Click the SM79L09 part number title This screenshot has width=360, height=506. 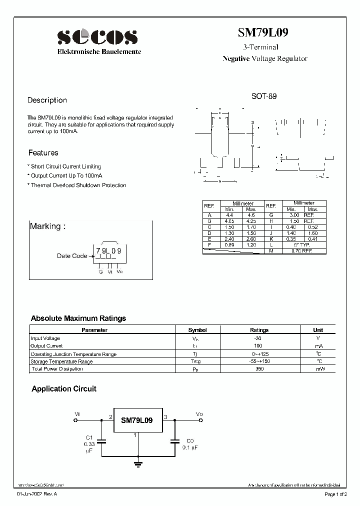coord(262,33)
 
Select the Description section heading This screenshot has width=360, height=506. coord(47,100)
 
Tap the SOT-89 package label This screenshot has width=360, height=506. coord(263,96)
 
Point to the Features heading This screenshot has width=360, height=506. coord(43,153)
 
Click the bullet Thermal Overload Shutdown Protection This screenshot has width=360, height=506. coord(77,185)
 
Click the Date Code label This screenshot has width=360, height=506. coord(72,256)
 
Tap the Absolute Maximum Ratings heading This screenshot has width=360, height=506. coord(78,318)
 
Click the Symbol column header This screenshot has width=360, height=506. coord(197,330)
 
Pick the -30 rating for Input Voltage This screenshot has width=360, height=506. coord(258,338)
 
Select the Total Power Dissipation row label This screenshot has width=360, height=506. coord(57,369)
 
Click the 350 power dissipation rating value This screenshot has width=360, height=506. coord(258,369)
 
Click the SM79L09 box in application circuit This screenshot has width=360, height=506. coord(136,421)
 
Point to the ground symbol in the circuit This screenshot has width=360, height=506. coord(138,464)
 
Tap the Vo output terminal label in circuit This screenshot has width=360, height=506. coord(199,414)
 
